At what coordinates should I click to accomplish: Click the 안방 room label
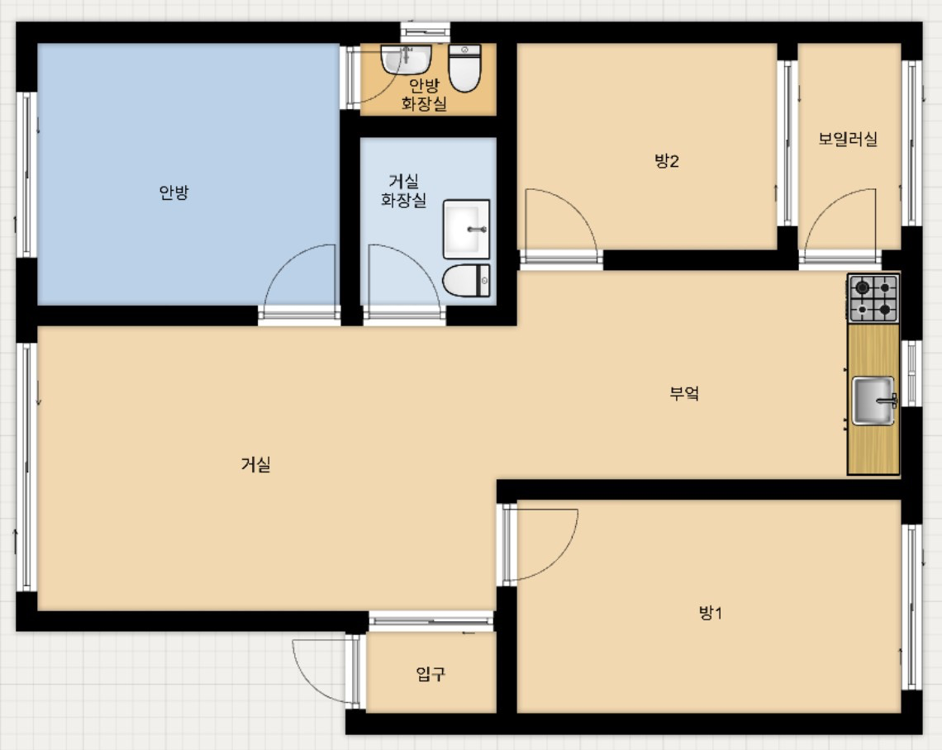174,192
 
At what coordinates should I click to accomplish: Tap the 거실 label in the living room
256,464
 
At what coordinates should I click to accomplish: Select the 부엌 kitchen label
684,393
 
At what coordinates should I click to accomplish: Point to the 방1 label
711,613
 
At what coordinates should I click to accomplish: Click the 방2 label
667,160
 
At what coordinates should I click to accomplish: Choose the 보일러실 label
848,139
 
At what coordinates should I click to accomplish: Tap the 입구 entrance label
431,674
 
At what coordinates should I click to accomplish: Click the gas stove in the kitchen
873,298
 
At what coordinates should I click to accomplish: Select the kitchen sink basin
873,401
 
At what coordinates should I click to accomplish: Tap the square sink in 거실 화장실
467,229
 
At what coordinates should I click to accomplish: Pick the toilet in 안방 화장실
465,68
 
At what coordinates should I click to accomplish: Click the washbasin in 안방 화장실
406,59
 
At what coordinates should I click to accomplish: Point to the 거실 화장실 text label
404,190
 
